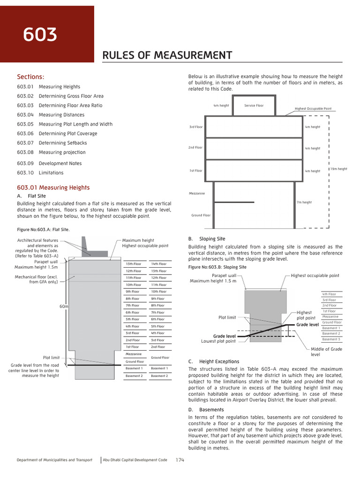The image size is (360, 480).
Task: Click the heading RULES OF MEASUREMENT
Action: pyautogui.click(x=167, y=56)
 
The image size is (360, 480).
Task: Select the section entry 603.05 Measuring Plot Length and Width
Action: pyautogui.click(x=65, y=124)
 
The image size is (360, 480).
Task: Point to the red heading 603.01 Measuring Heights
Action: pyautogui.click(x=53, y=187)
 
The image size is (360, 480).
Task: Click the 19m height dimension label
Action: pyautogui.click(x=339, y=169)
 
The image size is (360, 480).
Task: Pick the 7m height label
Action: pyautogui.click(x=304, y=202)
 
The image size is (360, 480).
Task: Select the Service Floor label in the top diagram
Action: pyautogui.click(x=254, y=105)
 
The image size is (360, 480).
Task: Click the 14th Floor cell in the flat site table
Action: pyautogui.click(x=158, y=264)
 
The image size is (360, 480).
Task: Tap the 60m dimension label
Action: pyautogui.click(x=64, y=306)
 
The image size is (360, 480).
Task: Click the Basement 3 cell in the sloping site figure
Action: pyautogui.click(x=331, y=339)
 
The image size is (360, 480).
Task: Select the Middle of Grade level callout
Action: pyautogui.click(x=326, y=352)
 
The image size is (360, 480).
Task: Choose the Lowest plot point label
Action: pyautogui.click(x=218, y=341)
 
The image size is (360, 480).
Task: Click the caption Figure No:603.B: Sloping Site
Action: pyautogui.click(x=217, y=267)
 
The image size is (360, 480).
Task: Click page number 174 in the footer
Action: pyautogui.click(x=180, y=460)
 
